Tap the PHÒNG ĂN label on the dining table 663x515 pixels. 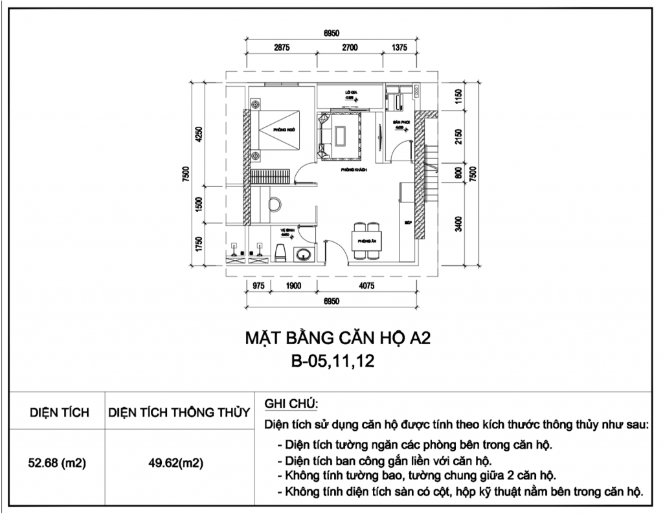[x=366, y=241]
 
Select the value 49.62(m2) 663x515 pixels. [x=179, y=464]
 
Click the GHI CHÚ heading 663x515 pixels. [x=291, y=404]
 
